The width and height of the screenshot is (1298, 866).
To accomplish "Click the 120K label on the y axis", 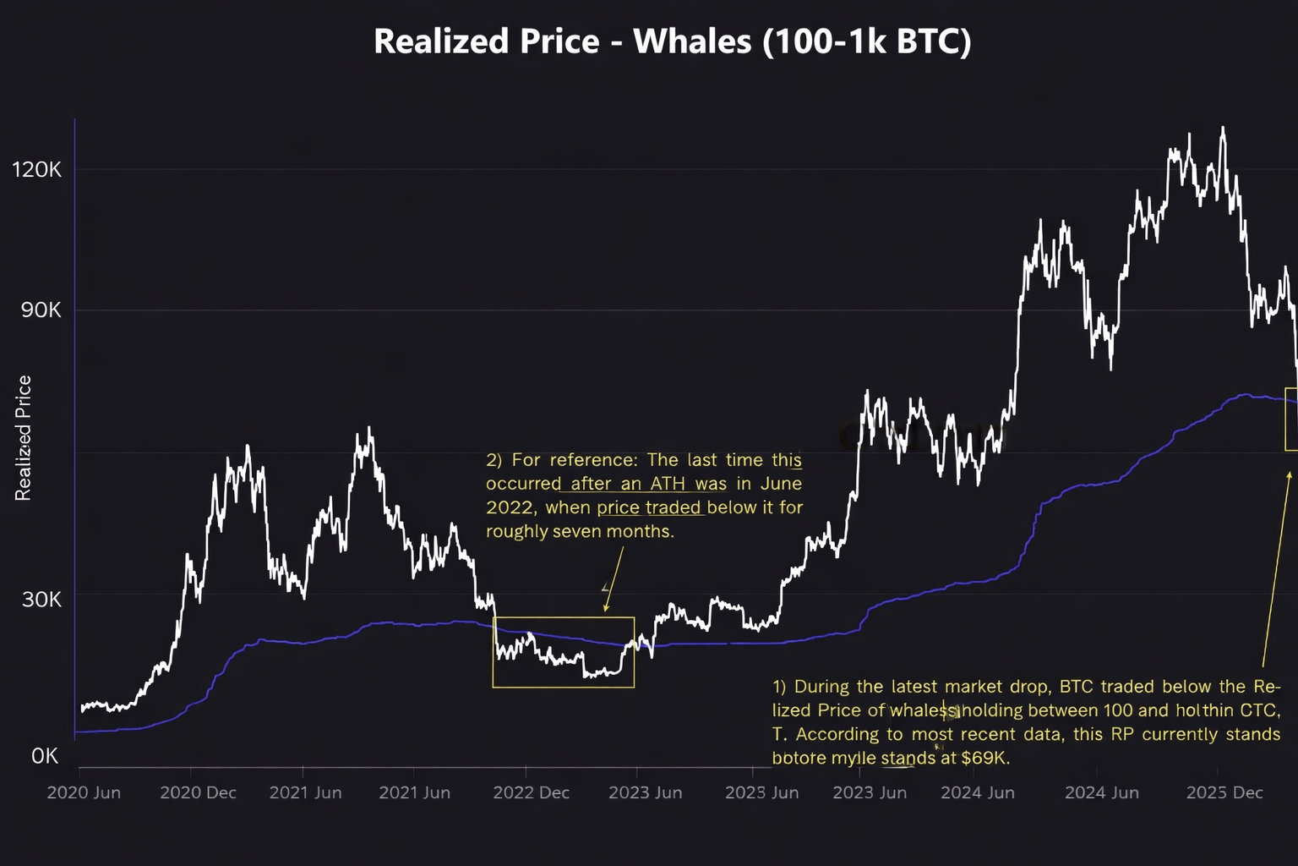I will [36, 169].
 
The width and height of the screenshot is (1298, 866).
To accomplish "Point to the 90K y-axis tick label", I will [41, 310].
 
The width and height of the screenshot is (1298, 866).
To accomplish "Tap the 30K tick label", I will [41, 600].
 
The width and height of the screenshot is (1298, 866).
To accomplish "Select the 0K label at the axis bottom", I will [45, 756].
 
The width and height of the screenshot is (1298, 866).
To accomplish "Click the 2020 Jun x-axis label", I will [84, 792].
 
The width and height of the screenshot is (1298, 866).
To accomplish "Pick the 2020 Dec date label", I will [198, 792].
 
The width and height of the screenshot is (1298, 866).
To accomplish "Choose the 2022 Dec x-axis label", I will [531, 792].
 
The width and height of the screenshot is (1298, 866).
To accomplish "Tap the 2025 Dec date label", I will [1224, 792].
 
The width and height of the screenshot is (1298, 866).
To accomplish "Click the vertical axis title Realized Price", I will [23, 437].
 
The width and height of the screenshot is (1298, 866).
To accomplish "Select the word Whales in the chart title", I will [691, 41].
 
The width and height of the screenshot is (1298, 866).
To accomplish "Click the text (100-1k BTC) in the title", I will [866, 41].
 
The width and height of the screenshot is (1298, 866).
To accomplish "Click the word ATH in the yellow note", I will [668, 484].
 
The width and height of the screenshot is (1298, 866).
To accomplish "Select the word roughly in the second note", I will [516, 531].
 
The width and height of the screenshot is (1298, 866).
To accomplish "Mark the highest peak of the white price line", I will [1222, 129].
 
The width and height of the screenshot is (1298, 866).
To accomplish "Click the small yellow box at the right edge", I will [1290, 419].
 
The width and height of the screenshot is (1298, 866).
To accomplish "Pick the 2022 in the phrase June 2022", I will [510, 507].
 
